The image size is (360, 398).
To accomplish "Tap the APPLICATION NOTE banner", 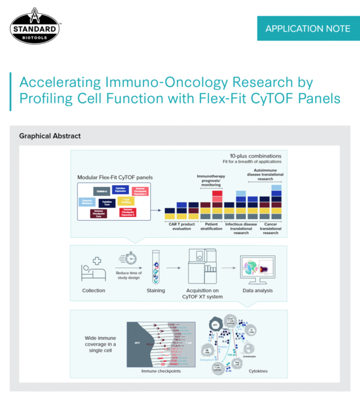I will (x=304, y=28).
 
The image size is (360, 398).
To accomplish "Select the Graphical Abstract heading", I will (x=49, y=136).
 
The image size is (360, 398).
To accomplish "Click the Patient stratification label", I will (x=211, y=227).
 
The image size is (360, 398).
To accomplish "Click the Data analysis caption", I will (x=257, y=290).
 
